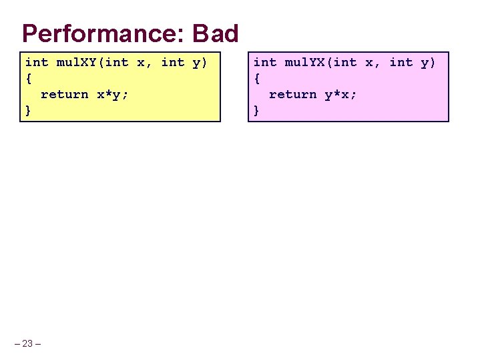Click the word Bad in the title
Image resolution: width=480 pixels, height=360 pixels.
(x=215, y=33)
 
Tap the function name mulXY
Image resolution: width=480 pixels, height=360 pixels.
(x=77, y=63)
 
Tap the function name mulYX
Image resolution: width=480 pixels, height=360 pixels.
(x=305, y=63)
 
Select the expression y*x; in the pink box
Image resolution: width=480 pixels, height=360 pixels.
(x=341, y=94)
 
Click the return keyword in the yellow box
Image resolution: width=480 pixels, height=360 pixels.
(x=64, y=94)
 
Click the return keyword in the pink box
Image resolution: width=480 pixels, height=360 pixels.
(x=292, y=94)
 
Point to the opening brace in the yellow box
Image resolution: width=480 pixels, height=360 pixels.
(x=28, y=78)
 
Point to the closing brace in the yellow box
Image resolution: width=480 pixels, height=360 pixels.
(x=28, y=110)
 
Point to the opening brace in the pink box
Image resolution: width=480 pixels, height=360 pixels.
(x=257, y=78)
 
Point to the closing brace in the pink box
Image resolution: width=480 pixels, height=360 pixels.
(x=257, y=110)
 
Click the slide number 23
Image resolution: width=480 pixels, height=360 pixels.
(x=27, y=343)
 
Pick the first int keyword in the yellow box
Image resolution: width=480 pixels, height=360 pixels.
(x=37, y=63)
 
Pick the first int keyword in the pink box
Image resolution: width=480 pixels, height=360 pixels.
(x=265, y=63)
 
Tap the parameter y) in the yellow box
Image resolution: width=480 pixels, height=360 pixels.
(x=200, y=63)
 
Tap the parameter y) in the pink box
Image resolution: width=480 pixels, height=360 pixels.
(x=429, y=63)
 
